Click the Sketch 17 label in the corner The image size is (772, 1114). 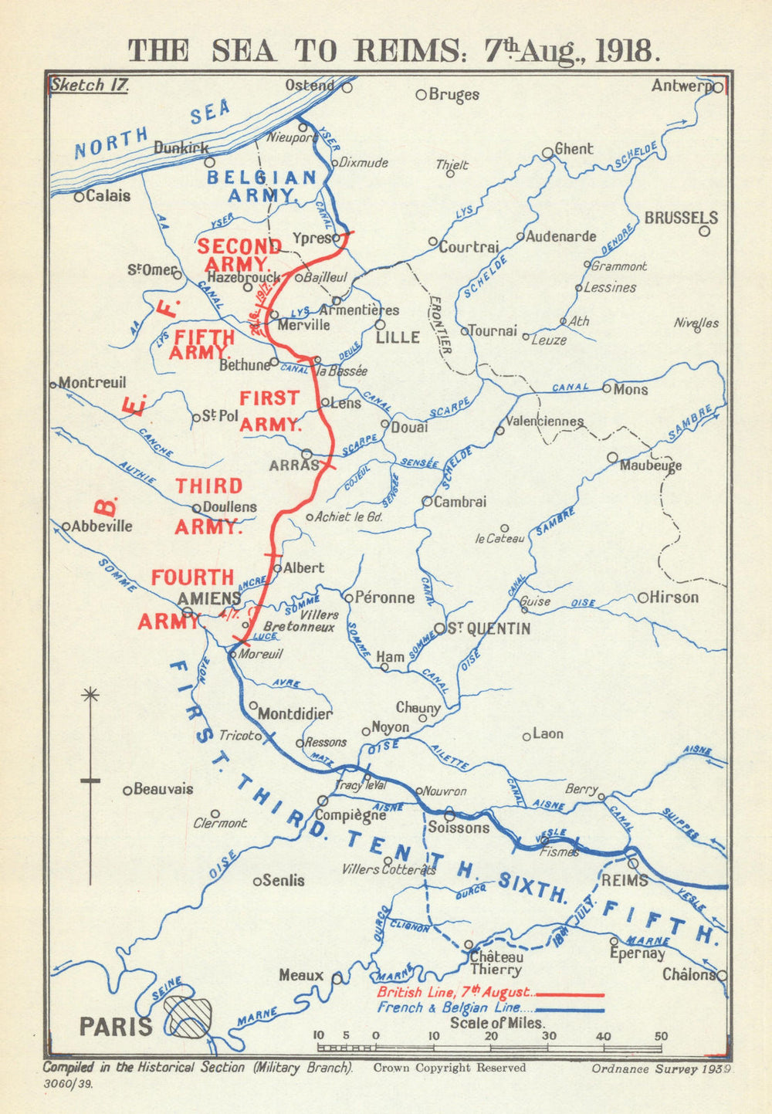[x=89, y=85]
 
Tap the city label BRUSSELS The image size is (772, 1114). [x=681, y=218]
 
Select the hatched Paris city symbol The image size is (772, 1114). [x=188, y=1017]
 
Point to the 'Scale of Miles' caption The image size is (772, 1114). [x=497, y=1023]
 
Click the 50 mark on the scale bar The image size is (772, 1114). [x=661, y=1037]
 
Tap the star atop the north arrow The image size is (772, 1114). [x=90, y=695]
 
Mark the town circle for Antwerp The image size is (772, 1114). [x=718, y=88]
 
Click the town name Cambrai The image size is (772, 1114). [x=460, y=502]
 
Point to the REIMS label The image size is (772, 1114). [x=624, y=880]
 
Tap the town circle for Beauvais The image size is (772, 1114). [x=128, y=790]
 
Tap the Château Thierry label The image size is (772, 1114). [x=496, y=963]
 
